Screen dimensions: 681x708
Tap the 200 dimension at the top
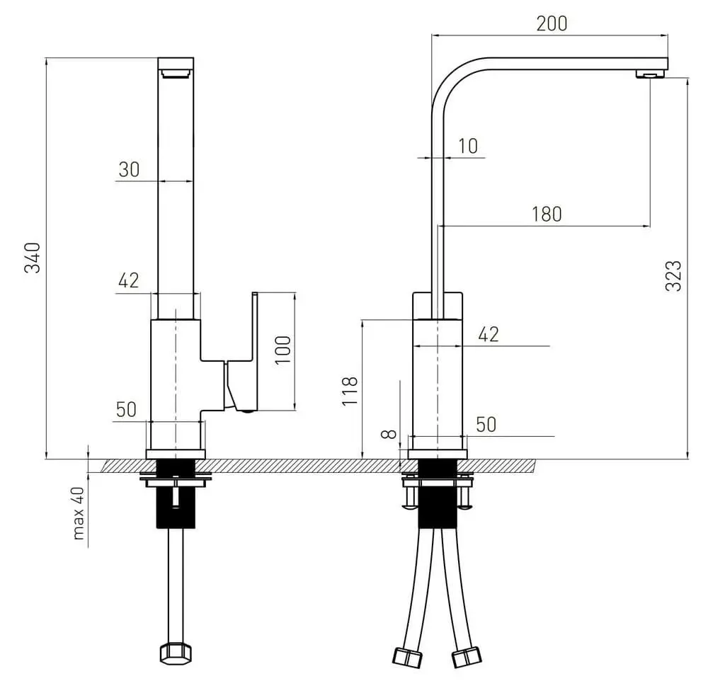552,23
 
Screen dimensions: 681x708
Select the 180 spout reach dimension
546,214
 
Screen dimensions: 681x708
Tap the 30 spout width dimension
129,170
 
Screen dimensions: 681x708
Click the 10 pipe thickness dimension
468,147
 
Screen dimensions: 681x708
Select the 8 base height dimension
387,433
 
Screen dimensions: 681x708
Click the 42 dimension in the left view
128,281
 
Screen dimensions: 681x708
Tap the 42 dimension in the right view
489,334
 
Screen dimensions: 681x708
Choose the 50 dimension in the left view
126,409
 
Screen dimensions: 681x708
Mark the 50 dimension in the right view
485,425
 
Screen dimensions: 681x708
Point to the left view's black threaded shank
175,496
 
